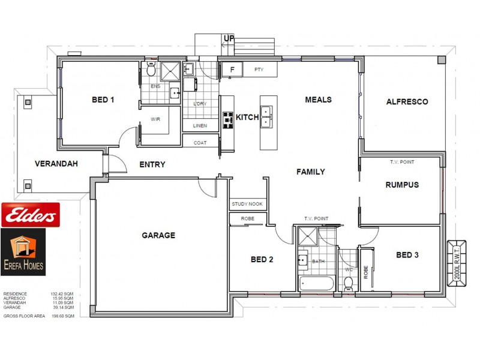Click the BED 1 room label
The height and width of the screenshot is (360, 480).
click(103, 100)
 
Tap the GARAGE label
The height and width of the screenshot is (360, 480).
click(158, 235)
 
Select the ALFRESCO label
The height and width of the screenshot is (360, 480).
click(407, 102)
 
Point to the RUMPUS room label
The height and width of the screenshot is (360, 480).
click(401, 185)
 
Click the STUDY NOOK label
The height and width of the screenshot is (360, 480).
click(247, 205)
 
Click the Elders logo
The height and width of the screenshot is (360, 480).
click(30, 214)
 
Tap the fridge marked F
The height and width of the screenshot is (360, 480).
click(232, 70)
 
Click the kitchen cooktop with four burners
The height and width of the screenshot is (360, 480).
click(228, 120)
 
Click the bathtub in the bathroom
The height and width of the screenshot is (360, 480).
click(316, 283)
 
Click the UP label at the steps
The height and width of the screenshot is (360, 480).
click(229, 39)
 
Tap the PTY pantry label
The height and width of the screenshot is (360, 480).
click(259, 70)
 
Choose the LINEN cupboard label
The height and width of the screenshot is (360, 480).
click(200, 126)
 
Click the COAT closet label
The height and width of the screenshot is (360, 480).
click(200, 143)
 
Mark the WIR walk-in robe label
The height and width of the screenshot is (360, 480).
click(155, 119)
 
